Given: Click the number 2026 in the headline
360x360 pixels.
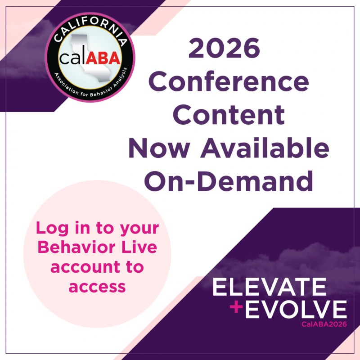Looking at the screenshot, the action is click(x=224, y=48).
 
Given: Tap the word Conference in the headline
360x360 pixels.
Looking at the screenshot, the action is click(x=229, y=81).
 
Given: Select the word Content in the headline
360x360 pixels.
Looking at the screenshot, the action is click(x=229, y=115).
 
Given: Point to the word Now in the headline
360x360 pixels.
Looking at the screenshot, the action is click(x=159, y=148).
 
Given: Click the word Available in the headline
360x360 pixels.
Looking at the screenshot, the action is click(x=265, y=148).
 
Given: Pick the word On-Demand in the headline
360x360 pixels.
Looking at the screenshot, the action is click(x=229, y=181).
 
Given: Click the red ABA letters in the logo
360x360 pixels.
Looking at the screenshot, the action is click(x=103, y=58).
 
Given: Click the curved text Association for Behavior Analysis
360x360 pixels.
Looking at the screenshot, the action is click(x=90, y=85).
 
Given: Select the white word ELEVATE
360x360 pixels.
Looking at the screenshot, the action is click(x=269, y=287).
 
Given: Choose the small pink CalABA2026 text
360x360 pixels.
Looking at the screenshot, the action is click(x=324, y=324).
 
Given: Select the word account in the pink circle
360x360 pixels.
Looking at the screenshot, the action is click(x=85, y=267).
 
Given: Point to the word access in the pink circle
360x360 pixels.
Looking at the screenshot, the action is click(x=97, y=287).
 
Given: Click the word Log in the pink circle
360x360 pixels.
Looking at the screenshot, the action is click(x=52, y=228).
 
